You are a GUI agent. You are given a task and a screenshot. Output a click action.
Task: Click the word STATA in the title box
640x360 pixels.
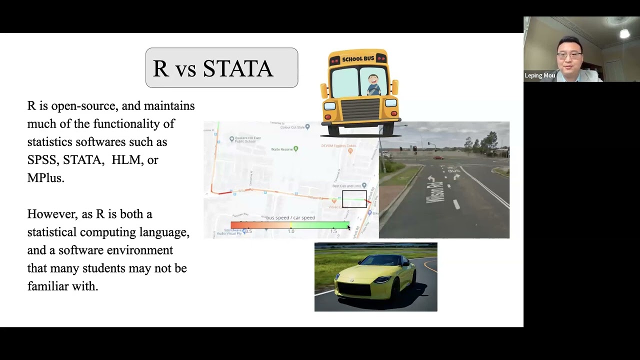[x=238, y=68]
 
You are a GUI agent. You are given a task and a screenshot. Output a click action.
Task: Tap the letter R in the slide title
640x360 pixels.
[x=160, y=68]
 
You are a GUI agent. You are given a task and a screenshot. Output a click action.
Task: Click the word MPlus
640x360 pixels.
[x=45, y=178]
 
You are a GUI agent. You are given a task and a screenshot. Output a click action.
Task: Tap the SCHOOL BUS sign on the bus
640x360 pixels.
[x=358, y=59]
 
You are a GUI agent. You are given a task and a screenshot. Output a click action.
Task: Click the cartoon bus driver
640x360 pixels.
[x=372, y=84]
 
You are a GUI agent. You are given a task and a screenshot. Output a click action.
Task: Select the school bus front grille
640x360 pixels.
[x=360, y=109]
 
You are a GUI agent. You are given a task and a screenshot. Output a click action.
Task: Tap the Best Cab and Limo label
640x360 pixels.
[x=349, y=186]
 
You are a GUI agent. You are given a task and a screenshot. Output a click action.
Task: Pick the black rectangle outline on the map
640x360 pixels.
[x=354, y=199]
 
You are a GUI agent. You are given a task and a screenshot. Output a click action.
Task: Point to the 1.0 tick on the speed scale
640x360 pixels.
[x=291, y=231]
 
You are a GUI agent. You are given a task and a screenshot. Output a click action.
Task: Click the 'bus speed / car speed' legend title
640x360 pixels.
[x=290, y=217]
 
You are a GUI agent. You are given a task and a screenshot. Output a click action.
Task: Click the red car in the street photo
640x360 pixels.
[x=438, y=157]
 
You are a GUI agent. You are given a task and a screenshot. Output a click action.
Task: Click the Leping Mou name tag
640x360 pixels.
[x=540, y=75]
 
